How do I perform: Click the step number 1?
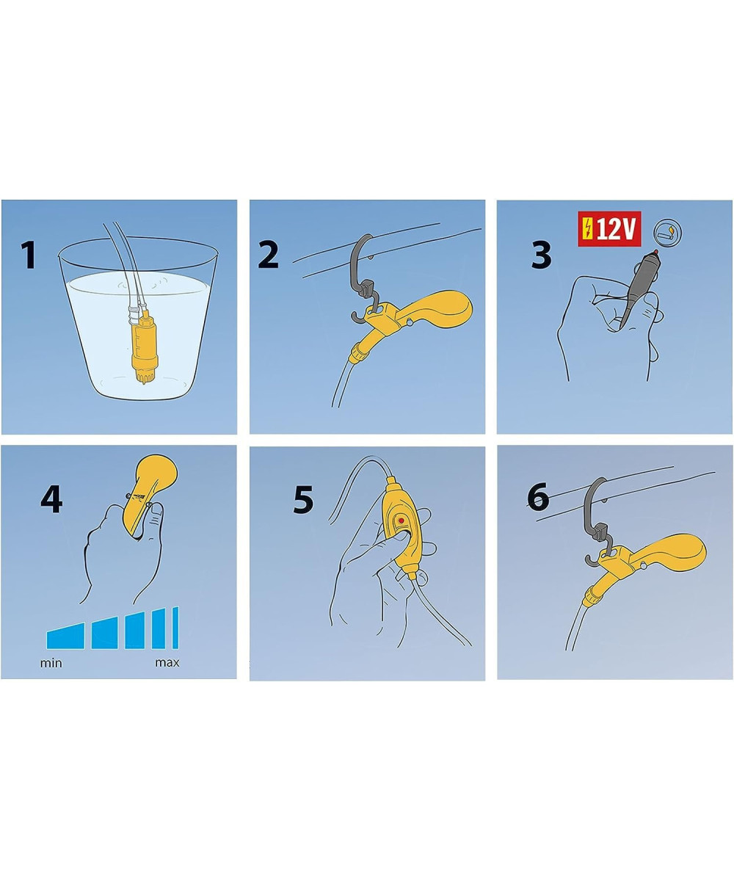(x=29, y=255)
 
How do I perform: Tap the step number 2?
(x=269, y=255)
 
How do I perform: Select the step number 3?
(x=541, y=255)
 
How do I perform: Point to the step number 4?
(x=51, y=498)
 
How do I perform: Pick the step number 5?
(x=303, y=499)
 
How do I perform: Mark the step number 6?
(x=538, y=496)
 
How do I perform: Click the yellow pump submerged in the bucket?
(x=145, y=345)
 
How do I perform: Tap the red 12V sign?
(x=609, y=229)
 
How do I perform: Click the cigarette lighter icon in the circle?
(x=667, y=233)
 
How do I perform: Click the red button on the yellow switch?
(x=401, y=521)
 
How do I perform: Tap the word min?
(x=51, y=663)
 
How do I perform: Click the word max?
(x=167, y=663)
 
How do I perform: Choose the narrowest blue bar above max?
(x=175, y=628)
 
